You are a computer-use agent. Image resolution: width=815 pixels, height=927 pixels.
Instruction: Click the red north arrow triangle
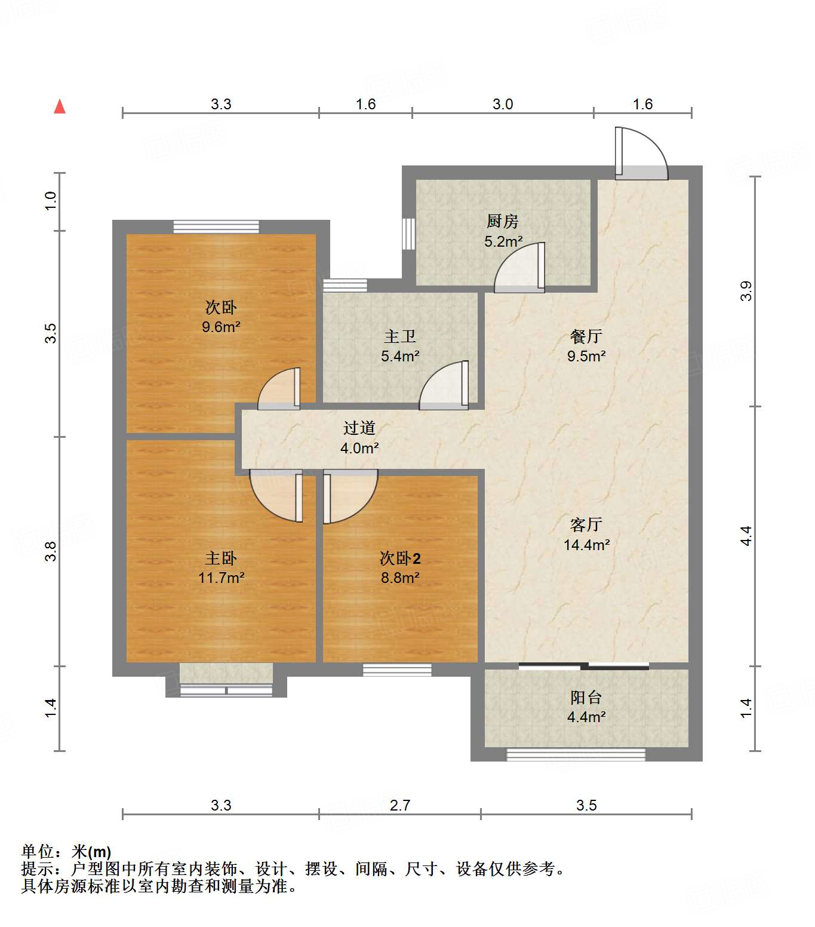60,106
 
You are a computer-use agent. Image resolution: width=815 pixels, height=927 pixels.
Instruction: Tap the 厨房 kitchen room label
502,222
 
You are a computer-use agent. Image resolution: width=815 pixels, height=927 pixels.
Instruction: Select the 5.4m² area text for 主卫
400,357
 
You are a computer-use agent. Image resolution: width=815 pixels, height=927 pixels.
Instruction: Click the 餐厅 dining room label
586,337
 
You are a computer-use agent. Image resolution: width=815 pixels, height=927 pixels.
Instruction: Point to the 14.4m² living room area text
586,545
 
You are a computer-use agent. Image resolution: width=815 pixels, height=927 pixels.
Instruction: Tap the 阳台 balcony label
586,697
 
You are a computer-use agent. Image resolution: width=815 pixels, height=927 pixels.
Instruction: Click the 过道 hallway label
359,428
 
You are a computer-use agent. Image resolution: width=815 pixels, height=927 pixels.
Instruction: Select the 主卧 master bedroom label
221,558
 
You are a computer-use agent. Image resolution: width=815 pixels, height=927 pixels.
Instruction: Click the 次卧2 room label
400,558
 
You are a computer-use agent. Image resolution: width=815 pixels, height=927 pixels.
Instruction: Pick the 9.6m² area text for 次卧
221,327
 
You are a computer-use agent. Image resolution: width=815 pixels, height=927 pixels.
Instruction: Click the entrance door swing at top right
641,153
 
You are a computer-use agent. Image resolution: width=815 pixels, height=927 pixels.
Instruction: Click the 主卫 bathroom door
444,385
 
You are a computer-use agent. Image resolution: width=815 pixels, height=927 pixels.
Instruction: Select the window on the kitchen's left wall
408,234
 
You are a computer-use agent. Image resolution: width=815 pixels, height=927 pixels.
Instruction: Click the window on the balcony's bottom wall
576,754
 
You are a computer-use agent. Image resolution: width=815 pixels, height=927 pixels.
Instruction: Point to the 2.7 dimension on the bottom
400,805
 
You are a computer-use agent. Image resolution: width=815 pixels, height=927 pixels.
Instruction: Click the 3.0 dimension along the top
503,104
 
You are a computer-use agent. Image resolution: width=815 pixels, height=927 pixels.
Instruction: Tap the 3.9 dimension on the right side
746,291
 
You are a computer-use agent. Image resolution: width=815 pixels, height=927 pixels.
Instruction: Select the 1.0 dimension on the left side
51,200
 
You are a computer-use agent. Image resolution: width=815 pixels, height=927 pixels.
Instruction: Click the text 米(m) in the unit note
91,852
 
